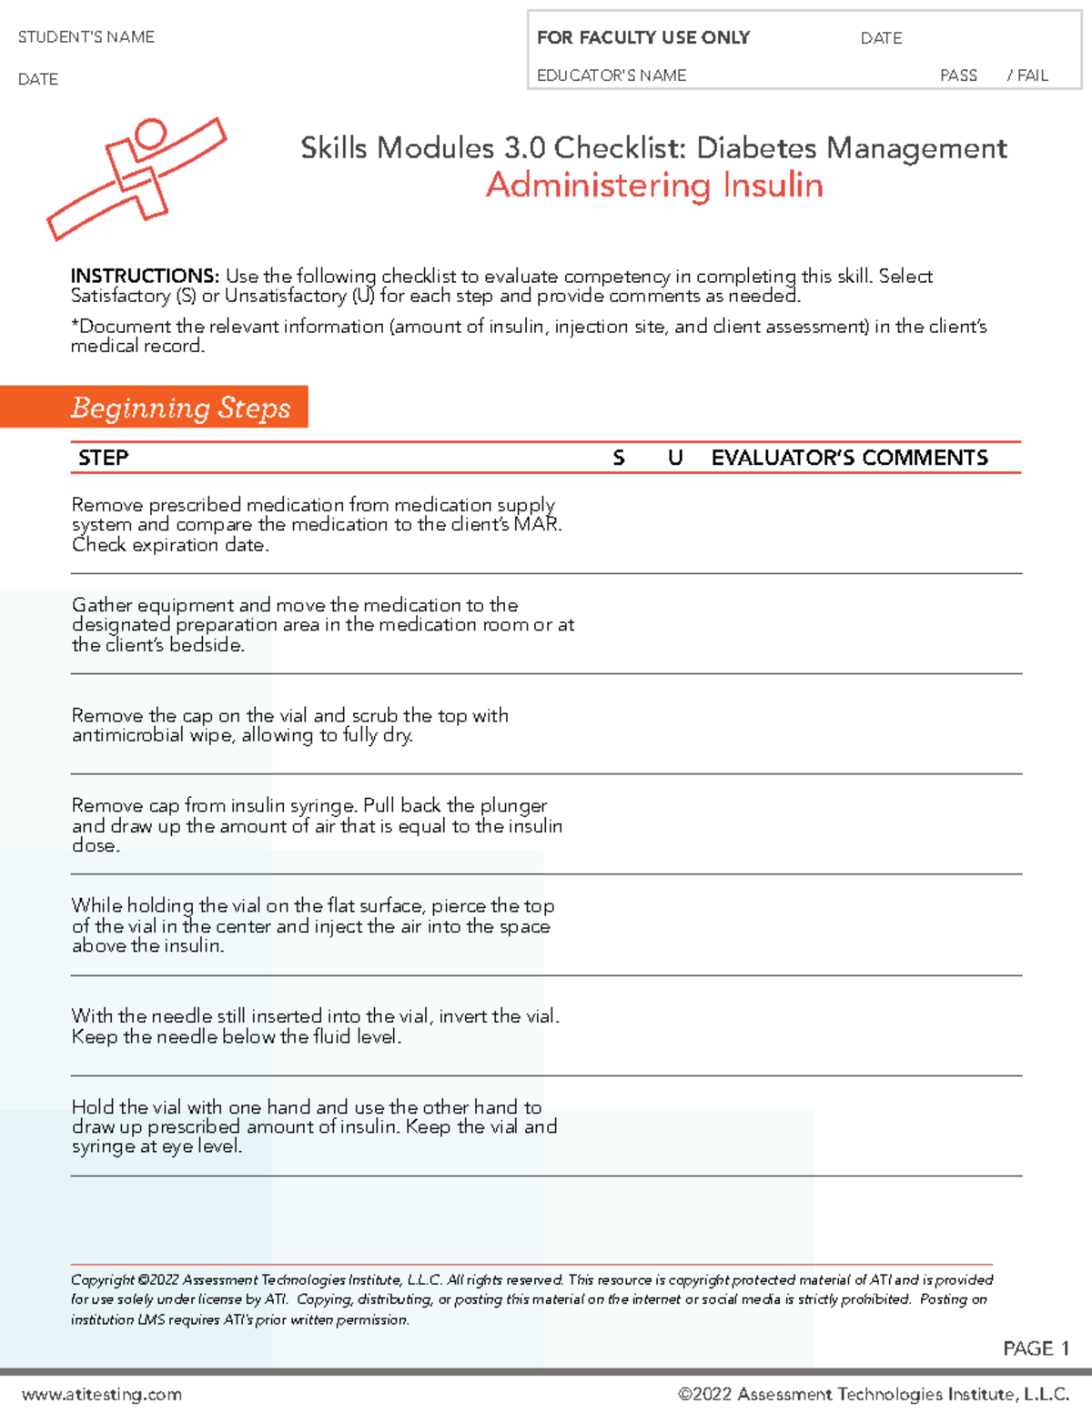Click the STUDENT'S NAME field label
[x=86, y=37]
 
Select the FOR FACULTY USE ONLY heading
[x=642, y=37]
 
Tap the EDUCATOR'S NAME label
[x=612, y=76]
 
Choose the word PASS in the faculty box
[x=958, y=76]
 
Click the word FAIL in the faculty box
[x=1033, y=76]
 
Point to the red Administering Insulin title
[x=654, y=186]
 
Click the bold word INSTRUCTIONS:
[x=145, y=276]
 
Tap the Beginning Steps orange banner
[x=180, y=408]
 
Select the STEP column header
[x=103, y=458]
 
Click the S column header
[x=619, y=458]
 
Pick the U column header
[x=675, y=458]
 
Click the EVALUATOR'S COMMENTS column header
[x=849, y=458]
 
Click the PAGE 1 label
[x=1036, y=1348]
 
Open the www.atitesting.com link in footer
[x=102, y=1394]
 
